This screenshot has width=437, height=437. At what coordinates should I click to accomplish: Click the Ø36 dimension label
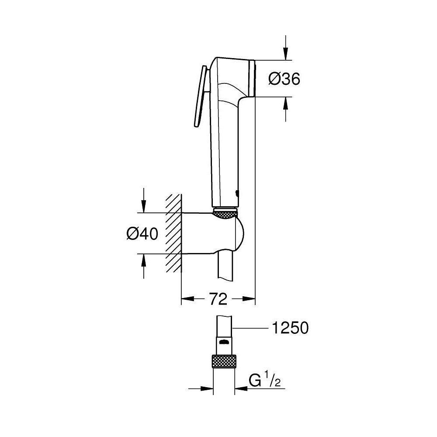(x=284, y=79)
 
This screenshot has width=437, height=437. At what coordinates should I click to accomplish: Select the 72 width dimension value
(x=218, y=299)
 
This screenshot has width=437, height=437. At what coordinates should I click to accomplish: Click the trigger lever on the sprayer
(x=199, y=98)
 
